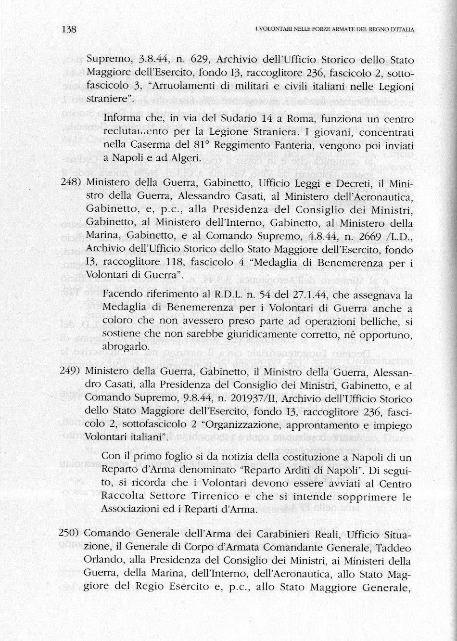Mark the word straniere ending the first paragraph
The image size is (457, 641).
(108, 99)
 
